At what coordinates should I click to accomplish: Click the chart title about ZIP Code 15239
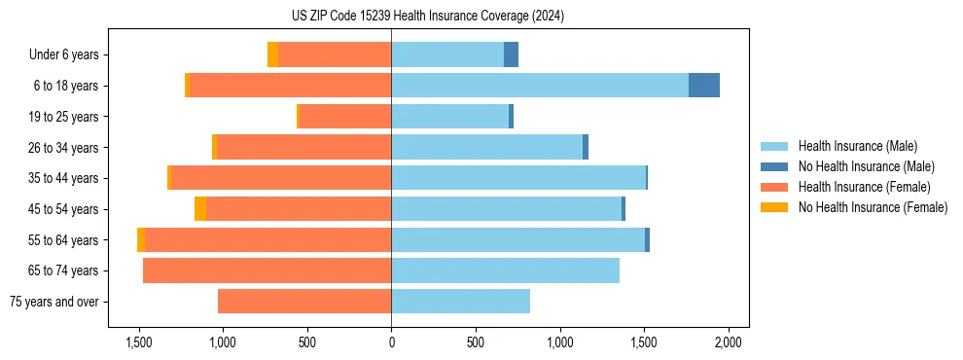(427, 17)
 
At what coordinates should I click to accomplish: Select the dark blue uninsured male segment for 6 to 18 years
(704, 86)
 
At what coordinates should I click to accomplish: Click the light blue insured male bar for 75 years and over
(460, 302)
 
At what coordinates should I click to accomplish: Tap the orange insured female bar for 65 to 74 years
(267, 270)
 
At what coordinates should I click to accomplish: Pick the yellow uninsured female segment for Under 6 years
(272, 54)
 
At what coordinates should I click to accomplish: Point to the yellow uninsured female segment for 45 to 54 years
(200, 209)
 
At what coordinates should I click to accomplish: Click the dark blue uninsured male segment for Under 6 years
(511, 54)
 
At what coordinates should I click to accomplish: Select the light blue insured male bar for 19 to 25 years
(449, 117)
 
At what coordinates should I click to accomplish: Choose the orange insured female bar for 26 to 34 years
(303, 147)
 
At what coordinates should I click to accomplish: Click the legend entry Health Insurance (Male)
(857, 146)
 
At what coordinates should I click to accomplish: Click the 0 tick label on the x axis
(391, 342)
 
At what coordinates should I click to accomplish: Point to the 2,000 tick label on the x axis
(729, 342)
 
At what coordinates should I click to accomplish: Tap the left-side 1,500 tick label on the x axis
(138, 342)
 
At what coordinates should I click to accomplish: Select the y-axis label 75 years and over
(53, 302)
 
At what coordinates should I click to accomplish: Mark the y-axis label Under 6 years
(63, 54)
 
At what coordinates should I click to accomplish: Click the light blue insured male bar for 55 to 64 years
(517, 240)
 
